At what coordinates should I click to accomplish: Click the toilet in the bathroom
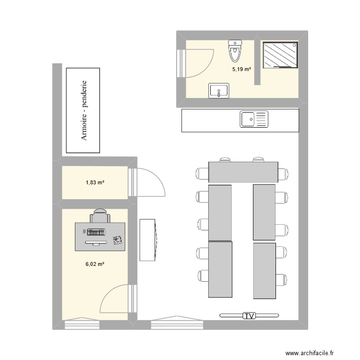pyautogui.click(x=235, y=51)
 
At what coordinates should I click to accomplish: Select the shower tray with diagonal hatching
pyautogui.click(x=280, y=55)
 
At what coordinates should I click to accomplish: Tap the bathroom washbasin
pyautogui.click(x=219, y=90)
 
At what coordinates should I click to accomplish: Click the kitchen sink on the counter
pyautogui.click(x=254, y=119)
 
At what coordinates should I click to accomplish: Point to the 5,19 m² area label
pyautogui.click(x=241, y=69)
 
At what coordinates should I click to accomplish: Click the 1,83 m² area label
pyautogui.click(x=95, y=182)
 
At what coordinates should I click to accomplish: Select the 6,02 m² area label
pyautogui.click(x=95, y=264)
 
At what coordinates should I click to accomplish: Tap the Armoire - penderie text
pyautogui.click(x=84, y=110)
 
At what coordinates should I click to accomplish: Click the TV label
pyautogui.click(x=249, y=316)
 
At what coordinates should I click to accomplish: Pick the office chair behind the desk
pyautogui.click(x=100, y=216)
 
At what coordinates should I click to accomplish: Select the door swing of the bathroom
pyautogui.click(x=200, y=63)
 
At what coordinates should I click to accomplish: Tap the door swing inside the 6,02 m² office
pyautogui.click(x=114, y=299)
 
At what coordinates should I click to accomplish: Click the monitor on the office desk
pyautogui.click(x=96, y=243)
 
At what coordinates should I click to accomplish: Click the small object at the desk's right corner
pyautogui.click(x=118, y=240)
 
